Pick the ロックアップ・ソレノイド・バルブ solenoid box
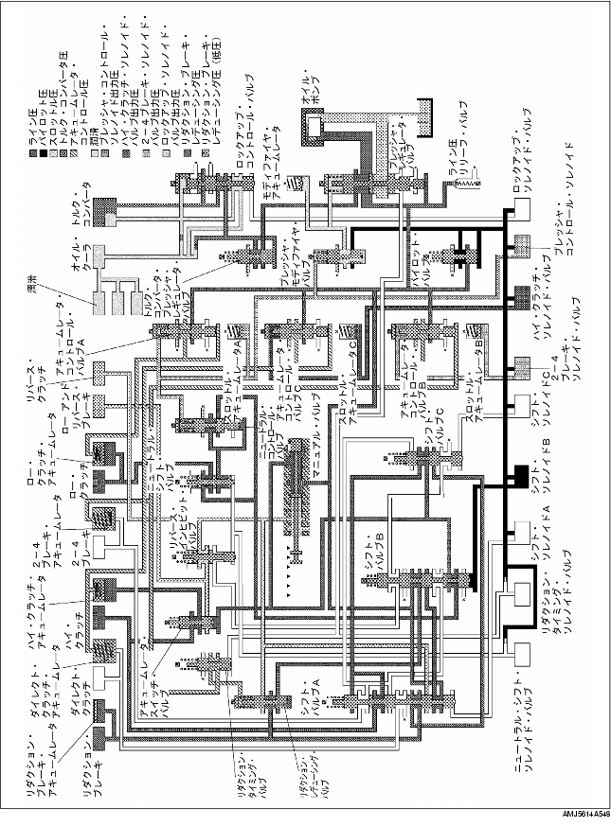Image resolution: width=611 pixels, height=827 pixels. [x=519, y=216]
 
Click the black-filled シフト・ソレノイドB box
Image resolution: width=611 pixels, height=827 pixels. [x=519, y=478]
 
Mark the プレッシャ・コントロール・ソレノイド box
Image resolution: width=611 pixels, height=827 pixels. [x=519, y=248]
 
